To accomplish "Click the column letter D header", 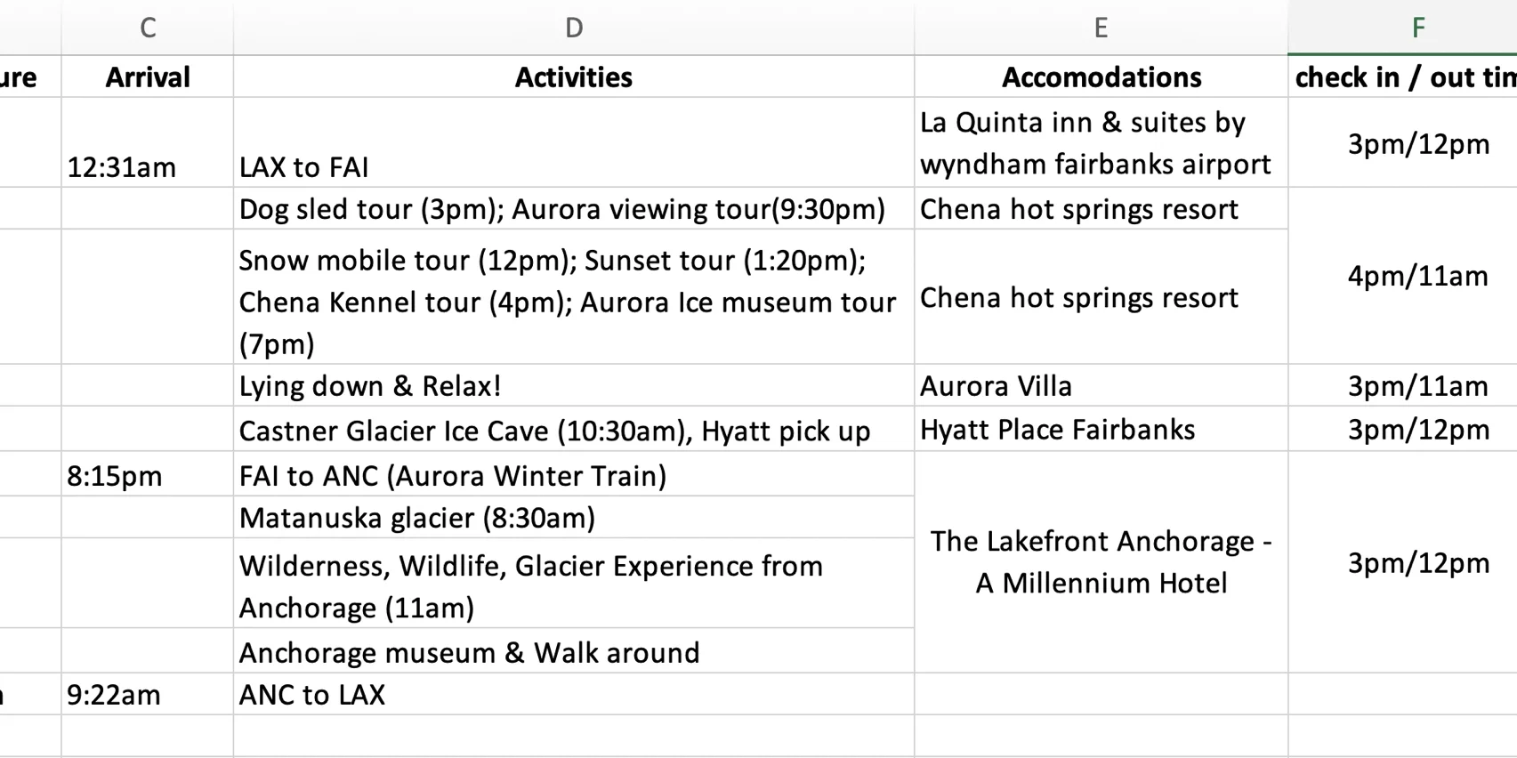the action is (x=574, y=28).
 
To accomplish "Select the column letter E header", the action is (x=1101, y=28).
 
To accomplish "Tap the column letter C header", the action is (x=148, y=28).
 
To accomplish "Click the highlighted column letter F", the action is (x=1418, y=28).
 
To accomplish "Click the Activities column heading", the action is (x=574, y=77).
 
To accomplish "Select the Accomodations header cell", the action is (x=1101, y=77).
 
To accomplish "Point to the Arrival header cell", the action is (x=148, y=77).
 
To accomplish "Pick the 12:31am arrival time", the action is (x=121, y=167).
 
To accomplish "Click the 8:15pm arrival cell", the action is (x=115, y=476).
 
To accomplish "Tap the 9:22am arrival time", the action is (x=114, y=695).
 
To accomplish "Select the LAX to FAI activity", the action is (x=304, y=167).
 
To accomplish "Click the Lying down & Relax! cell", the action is (x=370, y=386).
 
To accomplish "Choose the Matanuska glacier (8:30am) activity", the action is (x=417, y=518).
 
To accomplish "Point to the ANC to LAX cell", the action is (x=312, y=695).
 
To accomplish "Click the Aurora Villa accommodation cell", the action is (x=996, y=386).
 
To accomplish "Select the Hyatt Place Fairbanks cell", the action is (x=1057, y=430).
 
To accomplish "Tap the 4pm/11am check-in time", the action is (x=1418, y=277).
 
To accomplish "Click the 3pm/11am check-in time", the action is (x=1418, y=386).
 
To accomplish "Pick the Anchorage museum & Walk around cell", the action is (x=469, y=653).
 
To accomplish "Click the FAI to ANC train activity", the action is (x=452, y=476).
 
